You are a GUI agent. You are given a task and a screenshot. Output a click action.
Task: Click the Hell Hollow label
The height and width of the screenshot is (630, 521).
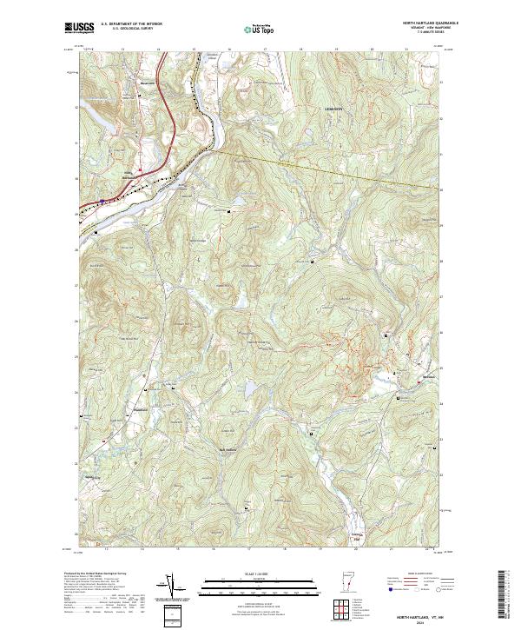tap(227, 448)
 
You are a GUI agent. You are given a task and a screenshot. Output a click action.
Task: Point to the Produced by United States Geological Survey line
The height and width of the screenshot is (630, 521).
tap(102, 574)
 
